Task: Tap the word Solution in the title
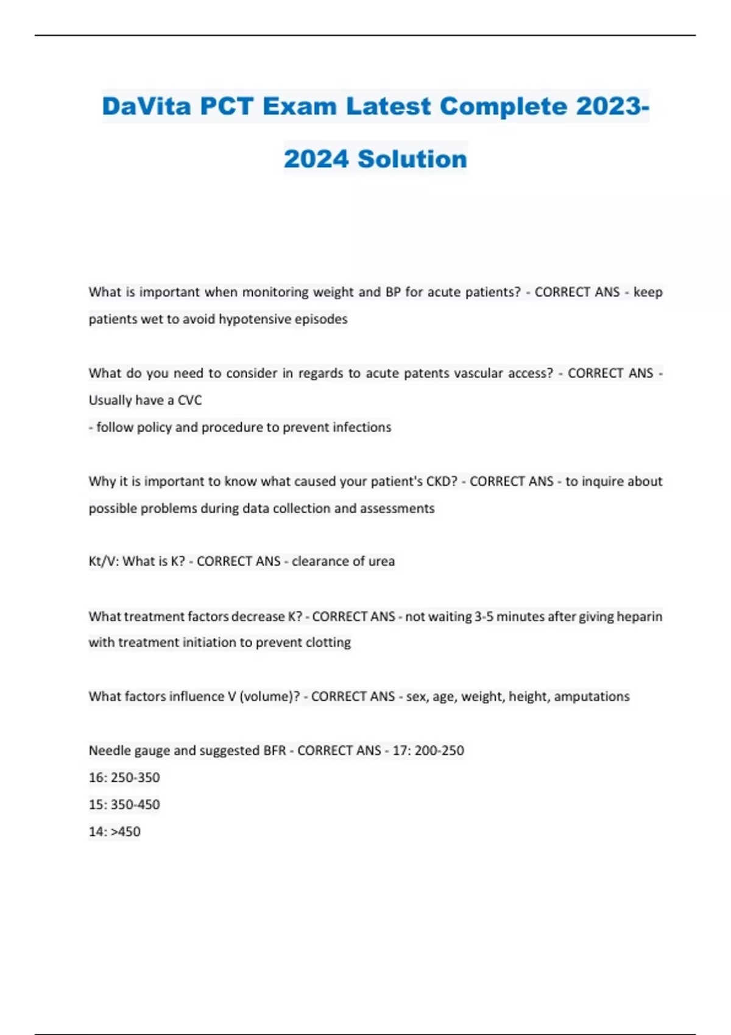click(412, 159)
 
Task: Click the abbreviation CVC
click(189, 400)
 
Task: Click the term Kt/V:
click(104, 561)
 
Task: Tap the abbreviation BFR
click(274, 751)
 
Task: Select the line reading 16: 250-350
click(124, 777)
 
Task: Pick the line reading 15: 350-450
click(124, 804)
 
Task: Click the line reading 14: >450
click(115, 832)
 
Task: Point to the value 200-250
click(439, 751)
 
